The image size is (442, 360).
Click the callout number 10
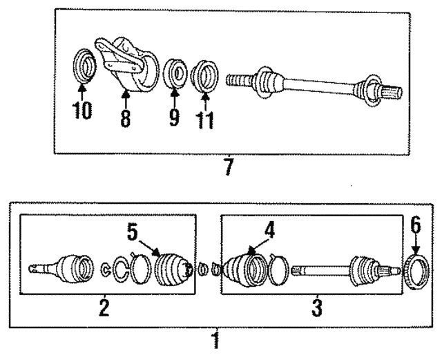(82, 111)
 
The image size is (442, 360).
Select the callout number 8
(124, 118)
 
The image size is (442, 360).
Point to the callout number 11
(204, 119)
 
